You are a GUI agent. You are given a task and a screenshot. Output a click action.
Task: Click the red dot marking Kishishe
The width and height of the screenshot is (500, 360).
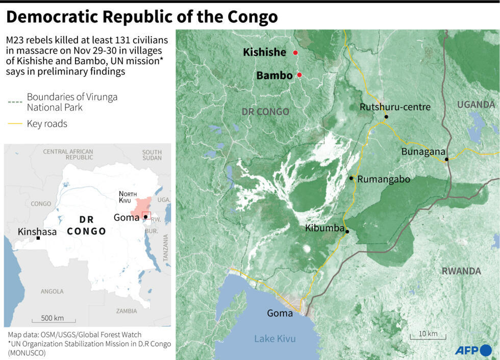coord(295,53)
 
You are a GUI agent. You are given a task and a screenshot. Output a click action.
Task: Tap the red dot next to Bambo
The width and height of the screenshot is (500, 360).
coord(299,75)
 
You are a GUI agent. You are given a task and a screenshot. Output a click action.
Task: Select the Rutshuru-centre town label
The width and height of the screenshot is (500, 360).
coord(395,107)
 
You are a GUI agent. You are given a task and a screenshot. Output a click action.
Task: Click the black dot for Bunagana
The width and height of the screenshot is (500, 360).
coord(446,160)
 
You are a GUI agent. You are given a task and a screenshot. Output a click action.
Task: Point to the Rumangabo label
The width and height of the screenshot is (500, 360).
coord(384,179)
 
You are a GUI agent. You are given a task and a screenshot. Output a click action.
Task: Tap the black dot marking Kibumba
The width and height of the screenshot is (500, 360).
coord(347,232)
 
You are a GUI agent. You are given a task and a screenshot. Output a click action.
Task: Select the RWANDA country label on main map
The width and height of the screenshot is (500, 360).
coord(461,271)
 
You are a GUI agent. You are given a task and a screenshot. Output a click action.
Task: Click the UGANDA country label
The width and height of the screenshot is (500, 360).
coord(476,105)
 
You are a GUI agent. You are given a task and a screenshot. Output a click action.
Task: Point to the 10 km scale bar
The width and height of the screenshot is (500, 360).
coord(428,337)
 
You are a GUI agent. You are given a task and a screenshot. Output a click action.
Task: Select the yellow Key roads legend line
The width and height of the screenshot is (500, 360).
coord(15,124)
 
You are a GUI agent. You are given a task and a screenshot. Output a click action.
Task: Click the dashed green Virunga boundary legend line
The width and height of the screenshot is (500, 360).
coord(15,102)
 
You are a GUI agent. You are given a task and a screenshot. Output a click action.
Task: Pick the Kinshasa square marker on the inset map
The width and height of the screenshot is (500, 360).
coord(38,238)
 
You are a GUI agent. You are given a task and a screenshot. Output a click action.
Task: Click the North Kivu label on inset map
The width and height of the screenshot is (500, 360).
coord(128,197)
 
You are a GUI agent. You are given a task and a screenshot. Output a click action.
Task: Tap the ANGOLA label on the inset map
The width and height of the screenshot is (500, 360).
coord(52,291)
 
